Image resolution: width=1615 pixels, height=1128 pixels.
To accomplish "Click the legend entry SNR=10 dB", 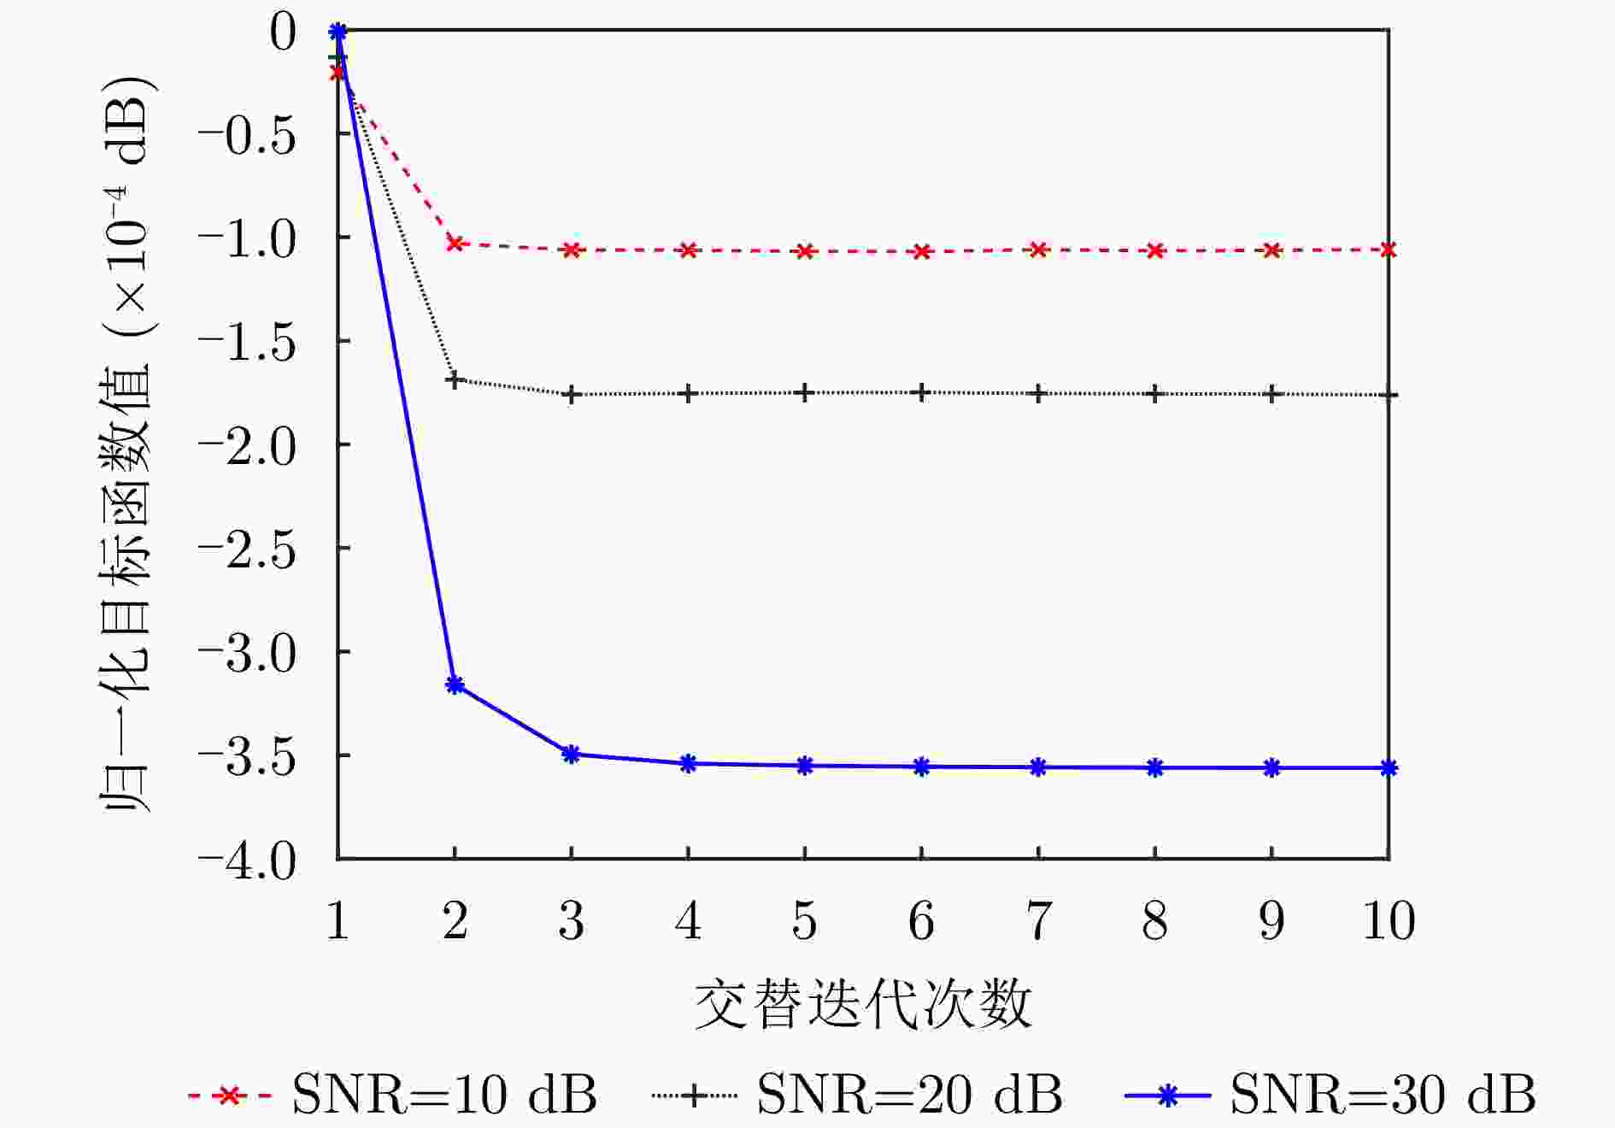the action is pos(392,1094).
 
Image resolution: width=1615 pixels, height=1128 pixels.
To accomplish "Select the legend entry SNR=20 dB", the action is pos(857,1094).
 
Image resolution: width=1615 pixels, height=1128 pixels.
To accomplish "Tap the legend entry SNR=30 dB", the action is pos(1330,1094).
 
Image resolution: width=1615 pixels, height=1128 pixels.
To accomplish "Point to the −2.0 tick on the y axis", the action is pos(247,445).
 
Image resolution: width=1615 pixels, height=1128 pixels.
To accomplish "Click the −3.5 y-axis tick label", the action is pos(247,756).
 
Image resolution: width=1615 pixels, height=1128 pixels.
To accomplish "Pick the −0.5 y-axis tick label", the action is pos(247,135).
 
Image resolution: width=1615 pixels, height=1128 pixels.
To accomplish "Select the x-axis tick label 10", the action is pos(1389,920).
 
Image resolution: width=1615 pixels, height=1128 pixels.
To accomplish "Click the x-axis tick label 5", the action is pos(805,920).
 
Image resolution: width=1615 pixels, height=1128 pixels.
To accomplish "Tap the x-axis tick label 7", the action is pos(1038,920).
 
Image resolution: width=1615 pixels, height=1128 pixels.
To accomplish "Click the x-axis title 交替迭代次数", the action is pos(863,1004).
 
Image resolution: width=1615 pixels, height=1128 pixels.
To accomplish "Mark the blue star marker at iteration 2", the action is pos(455,684).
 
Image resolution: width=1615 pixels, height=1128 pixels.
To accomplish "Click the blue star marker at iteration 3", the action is pos(572,754).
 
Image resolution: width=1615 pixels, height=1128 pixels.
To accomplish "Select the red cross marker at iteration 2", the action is pos(455,244).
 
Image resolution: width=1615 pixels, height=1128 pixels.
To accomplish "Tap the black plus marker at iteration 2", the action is pos(455,379).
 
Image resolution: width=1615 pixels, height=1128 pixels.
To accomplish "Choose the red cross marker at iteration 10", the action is pos(1389,250).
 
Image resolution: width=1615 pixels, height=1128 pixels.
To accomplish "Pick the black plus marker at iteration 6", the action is pos(921,393).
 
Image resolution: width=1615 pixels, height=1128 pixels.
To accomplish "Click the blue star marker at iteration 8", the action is pos(1155,767).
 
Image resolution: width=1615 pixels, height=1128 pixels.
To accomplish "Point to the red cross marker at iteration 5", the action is pos(805,251).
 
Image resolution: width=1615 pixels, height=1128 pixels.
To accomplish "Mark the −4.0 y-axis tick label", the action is pos(247,860).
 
